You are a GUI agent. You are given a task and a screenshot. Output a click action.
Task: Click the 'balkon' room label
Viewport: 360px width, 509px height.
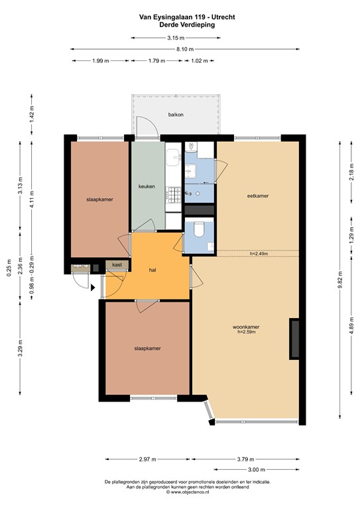click(x=176, y=115)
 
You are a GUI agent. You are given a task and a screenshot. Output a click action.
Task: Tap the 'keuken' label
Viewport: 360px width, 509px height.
click(x=147, y=186)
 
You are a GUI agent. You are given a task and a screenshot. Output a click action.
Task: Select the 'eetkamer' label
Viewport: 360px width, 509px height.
click(x=257, y=196)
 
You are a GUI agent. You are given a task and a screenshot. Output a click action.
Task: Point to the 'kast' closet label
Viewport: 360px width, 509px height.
click(x=117, y=264)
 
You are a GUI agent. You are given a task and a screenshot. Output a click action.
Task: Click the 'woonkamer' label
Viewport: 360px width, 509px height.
click(x=245, y=327)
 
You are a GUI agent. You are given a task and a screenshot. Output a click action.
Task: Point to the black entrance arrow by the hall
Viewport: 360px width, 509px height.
click(x=93, y=288)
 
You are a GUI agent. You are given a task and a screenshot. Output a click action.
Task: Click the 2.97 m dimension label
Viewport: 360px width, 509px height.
click(x=147, y=459)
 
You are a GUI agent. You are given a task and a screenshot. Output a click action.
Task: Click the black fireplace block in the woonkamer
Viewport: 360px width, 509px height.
click(x=294, y=339)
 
